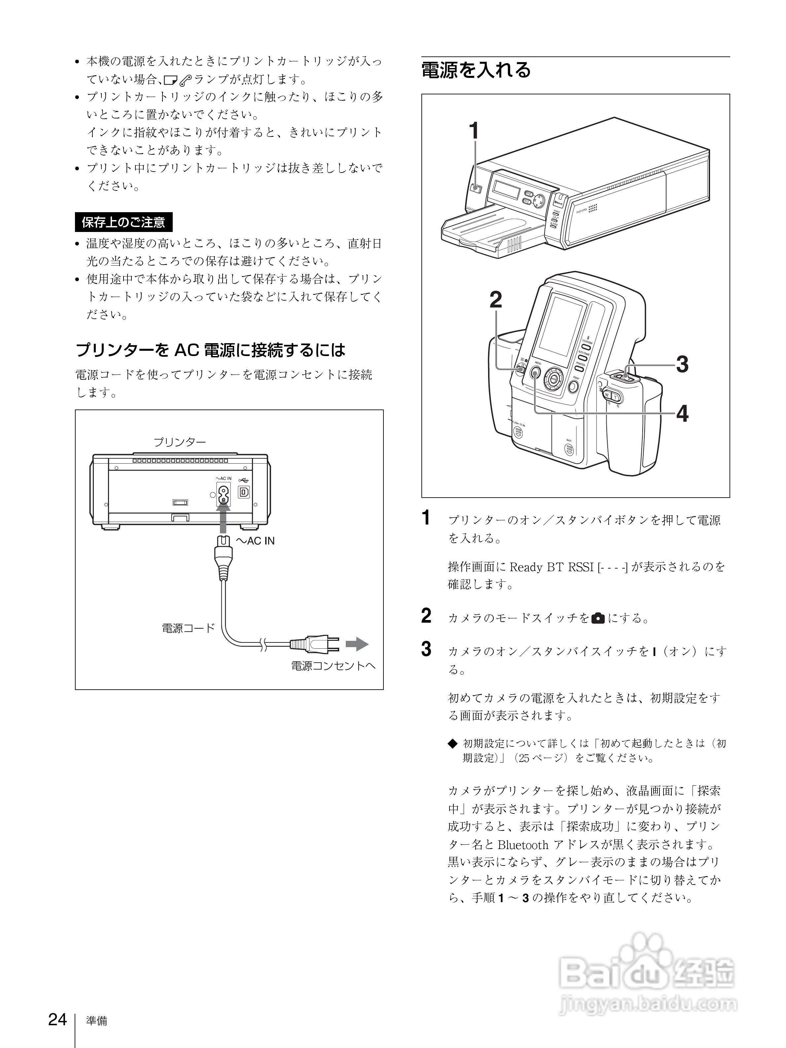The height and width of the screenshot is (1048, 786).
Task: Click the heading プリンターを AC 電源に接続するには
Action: (210, 350)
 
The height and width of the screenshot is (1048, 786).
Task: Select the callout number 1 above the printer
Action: (474, 131)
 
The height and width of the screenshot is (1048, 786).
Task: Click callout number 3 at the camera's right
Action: (682, 364)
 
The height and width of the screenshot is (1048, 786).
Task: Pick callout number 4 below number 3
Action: (682, 413)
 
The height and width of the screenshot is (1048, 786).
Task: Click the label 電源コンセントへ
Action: (333, 666)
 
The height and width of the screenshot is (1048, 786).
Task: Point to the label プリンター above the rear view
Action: (179, 442)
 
